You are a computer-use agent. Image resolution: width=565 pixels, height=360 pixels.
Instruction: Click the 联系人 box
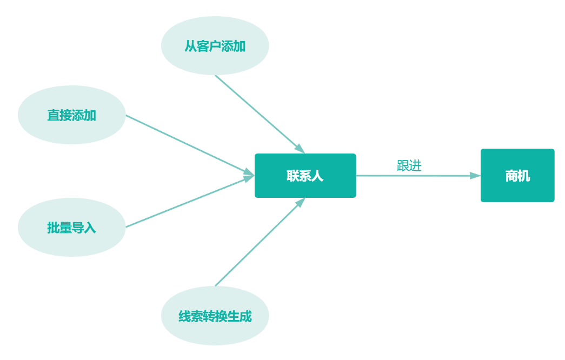(305, 176)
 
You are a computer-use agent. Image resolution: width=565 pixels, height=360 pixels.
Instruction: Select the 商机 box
(517, 176)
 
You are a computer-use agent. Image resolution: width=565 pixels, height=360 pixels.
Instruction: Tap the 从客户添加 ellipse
(215, 46)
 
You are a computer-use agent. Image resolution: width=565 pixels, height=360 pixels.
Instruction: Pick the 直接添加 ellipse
(71, 115)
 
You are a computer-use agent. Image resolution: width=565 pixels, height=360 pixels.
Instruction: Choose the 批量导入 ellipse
(71, 228)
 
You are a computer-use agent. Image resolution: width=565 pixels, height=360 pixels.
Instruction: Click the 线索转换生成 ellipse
(215, 316)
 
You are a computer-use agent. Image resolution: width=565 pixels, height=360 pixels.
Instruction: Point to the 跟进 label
(409, 166)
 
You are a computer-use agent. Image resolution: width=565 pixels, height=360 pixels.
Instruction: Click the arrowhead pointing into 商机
(475, 176)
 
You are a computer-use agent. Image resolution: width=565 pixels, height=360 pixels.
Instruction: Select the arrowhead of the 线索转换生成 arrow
(300, 203)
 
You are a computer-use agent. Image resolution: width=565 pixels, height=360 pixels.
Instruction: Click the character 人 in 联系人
(317, 176)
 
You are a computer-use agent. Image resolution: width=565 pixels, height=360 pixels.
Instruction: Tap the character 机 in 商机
(524, 176)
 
